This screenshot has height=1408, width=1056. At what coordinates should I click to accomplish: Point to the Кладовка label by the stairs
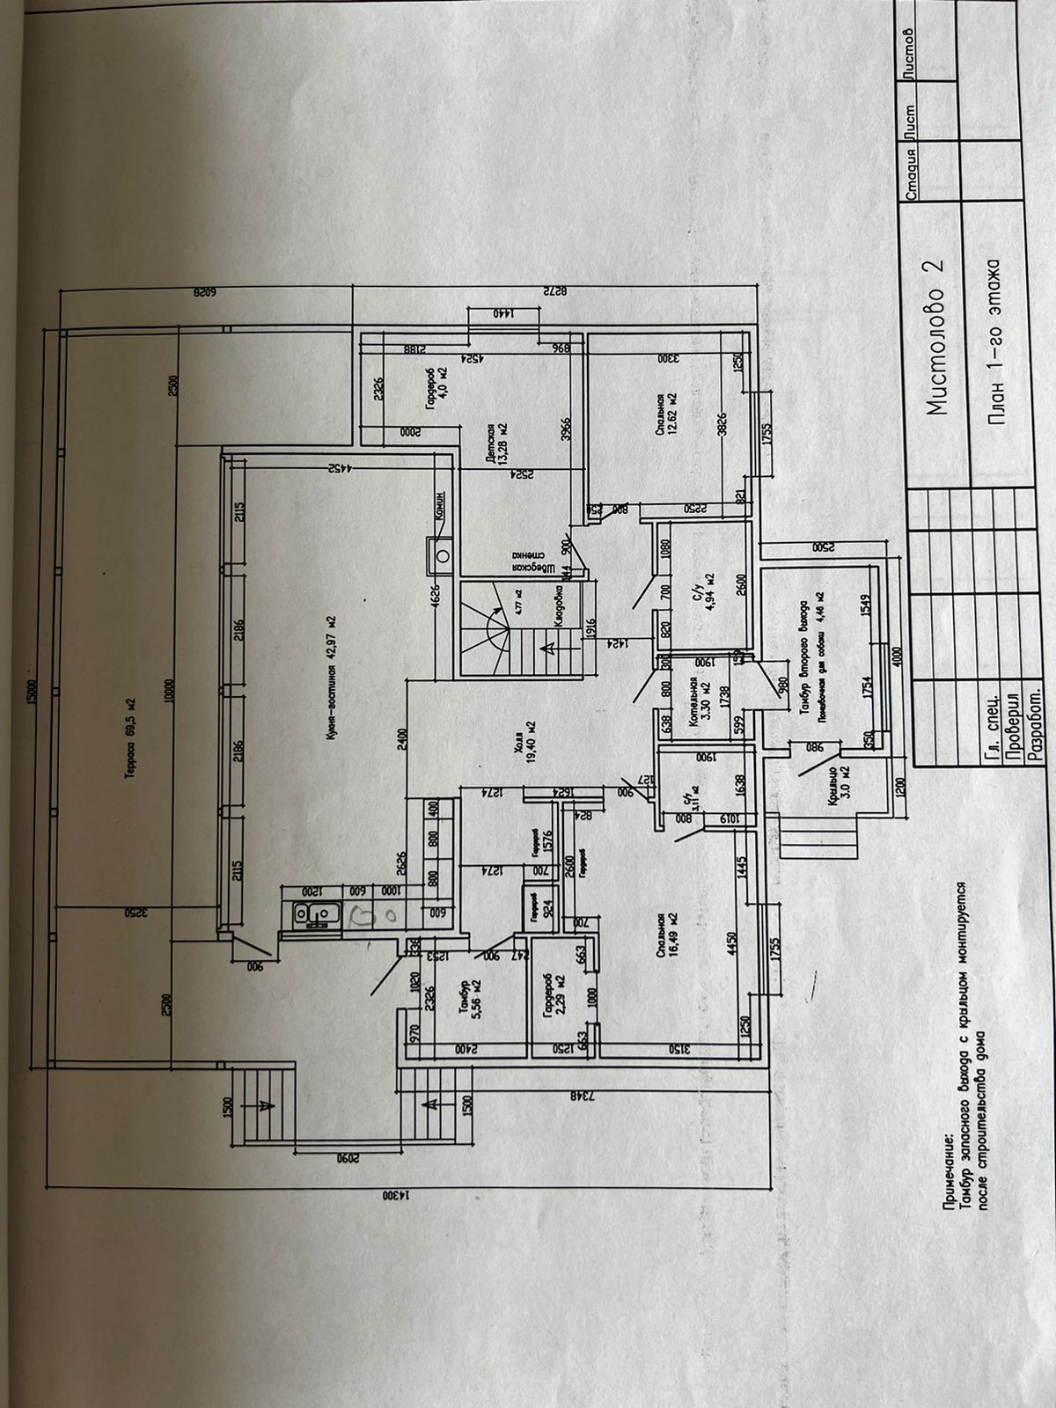pos(560,607)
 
